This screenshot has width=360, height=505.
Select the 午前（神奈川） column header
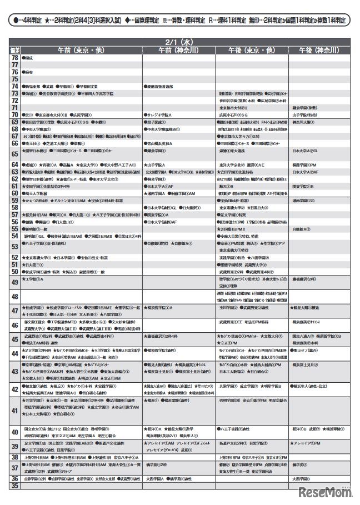(179, 50)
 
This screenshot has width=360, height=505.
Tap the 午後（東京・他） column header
(252, 50)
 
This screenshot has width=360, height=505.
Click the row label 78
(15, 57)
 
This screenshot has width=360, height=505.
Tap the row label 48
(15, 297)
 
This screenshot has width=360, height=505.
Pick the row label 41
(15, 411)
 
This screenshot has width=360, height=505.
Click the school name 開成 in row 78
(29, 57)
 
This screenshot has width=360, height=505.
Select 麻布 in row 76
(29, 72)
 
